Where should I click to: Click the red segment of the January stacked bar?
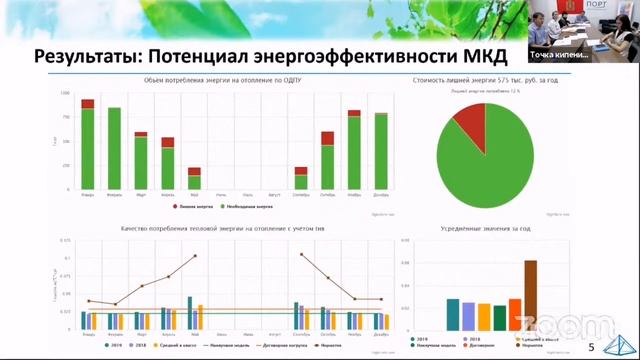click(88, 103)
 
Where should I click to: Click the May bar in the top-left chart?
click(194, 179)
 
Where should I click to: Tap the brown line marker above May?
click(195, 256)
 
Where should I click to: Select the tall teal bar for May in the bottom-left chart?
click(189, 313)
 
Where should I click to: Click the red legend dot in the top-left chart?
click(176, 205)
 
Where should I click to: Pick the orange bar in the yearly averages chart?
click(515, 314)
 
